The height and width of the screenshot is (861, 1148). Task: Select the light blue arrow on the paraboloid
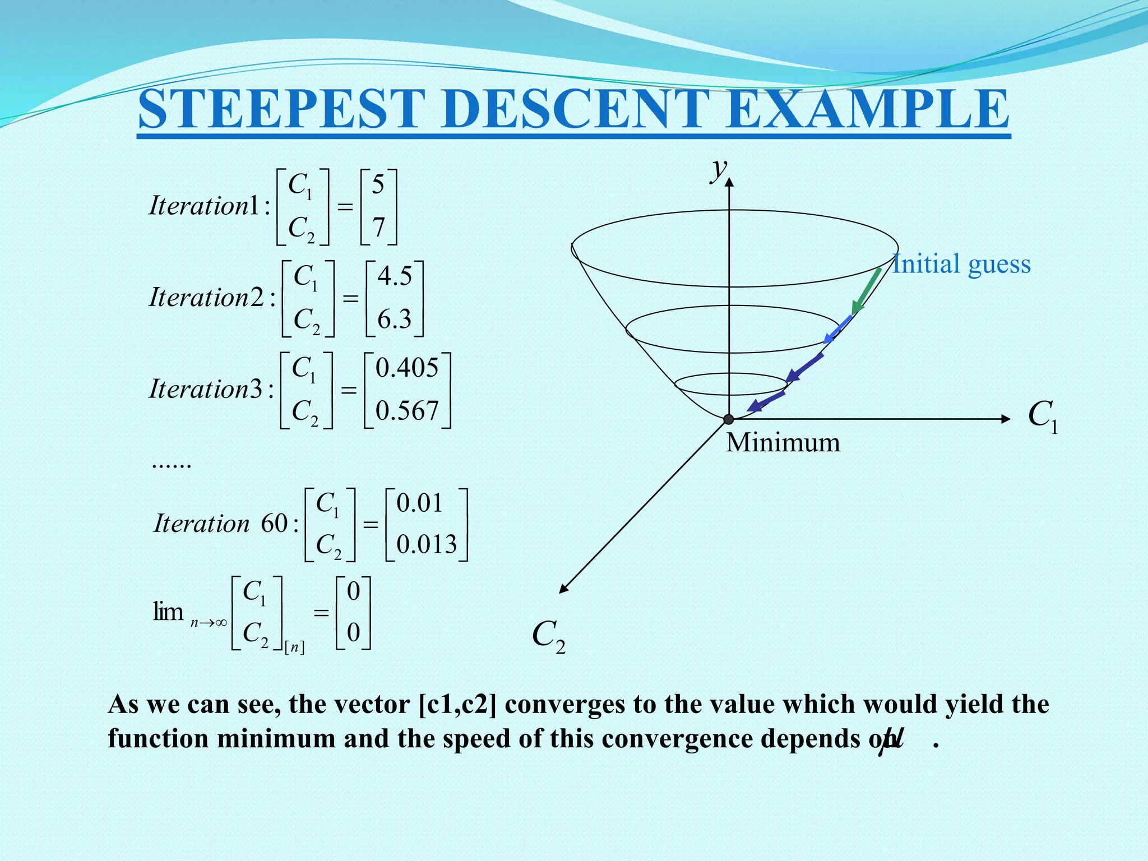coord(837,330)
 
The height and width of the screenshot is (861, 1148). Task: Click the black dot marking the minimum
coord(729,419)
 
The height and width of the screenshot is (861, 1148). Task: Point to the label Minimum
coord(783,443)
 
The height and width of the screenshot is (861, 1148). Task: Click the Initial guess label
coord(961,264)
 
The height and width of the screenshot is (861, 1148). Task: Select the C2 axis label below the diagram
coord(548,636)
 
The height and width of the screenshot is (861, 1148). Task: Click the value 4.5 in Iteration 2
coord(395,276)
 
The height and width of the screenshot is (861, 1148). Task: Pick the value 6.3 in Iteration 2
coord(395,320)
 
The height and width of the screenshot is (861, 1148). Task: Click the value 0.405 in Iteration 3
coord(407,368)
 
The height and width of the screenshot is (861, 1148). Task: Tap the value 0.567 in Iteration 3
coord(407,411)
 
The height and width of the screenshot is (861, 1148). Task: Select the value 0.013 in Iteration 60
coord(427,544)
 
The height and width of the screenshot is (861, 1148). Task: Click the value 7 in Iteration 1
coord(379,228)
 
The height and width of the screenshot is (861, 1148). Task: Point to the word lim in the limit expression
coord(168,612)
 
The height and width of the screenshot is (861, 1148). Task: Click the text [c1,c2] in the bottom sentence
coord(457,705)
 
